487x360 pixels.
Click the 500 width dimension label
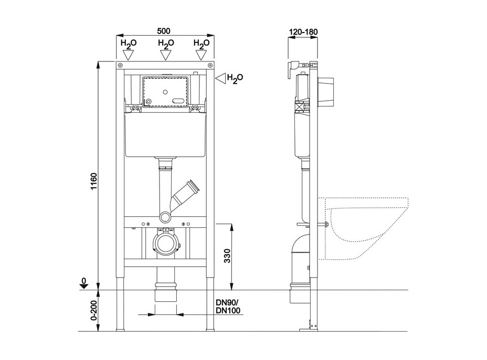[164, 31]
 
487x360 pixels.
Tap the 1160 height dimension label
[94, 182]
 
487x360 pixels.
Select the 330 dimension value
[227, 256]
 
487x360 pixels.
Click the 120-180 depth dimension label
[303, 31]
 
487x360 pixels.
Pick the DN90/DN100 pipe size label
[228, 306]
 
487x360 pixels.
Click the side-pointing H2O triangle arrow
[220, 78]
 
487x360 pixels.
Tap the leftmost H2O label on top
[128, 44]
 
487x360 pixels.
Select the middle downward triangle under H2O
[166, 55]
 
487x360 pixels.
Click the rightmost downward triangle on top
[202, 55]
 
